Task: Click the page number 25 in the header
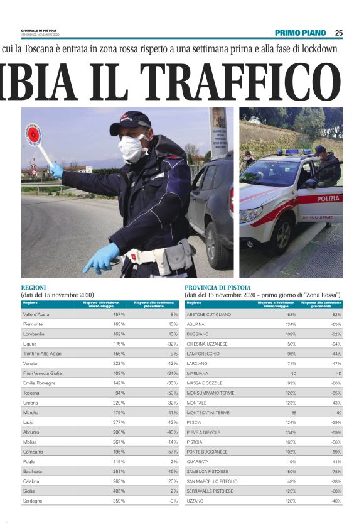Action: tap(338, 33)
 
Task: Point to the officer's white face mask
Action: tap(133, 149)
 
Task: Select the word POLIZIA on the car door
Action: tap(328, 199)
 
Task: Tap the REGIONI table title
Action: tap(33, 287)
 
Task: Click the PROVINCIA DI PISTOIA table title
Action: tap(217, 287)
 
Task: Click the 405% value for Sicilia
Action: tap(118, 491)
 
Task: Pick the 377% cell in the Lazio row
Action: tap(118, 422)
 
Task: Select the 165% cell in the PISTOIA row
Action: tap(290, 442)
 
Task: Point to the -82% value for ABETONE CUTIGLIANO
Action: tap(336, 314)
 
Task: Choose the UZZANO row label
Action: tap(196, 501)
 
